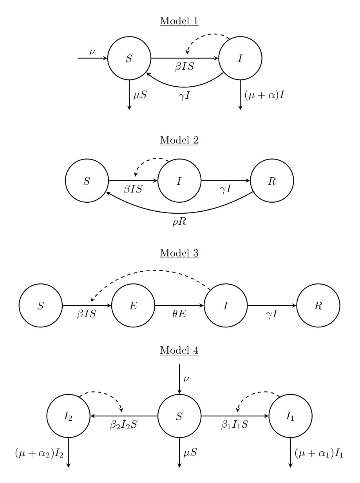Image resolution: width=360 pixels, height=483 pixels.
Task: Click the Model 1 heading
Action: (179, 21)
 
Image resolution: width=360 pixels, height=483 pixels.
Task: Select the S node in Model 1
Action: (129, 58)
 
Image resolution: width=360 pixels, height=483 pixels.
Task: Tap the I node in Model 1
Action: (240, 58)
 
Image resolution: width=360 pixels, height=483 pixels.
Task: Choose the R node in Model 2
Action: (272, 181)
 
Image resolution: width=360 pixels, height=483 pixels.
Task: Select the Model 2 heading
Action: (179, 140)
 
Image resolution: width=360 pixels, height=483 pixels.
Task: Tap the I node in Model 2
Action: (179, 181)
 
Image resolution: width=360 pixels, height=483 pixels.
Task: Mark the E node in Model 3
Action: (133, 305)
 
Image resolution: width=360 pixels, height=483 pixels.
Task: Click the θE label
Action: (179, 314)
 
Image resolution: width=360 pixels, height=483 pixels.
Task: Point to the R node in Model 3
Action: (318, 305)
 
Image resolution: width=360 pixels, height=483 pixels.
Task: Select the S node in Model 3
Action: (41, 305)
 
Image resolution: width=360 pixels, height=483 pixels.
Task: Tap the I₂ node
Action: (69, 416)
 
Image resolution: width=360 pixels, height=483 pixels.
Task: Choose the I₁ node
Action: (290, 416)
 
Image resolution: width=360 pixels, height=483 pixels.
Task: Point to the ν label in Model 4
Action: (186, 378)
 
